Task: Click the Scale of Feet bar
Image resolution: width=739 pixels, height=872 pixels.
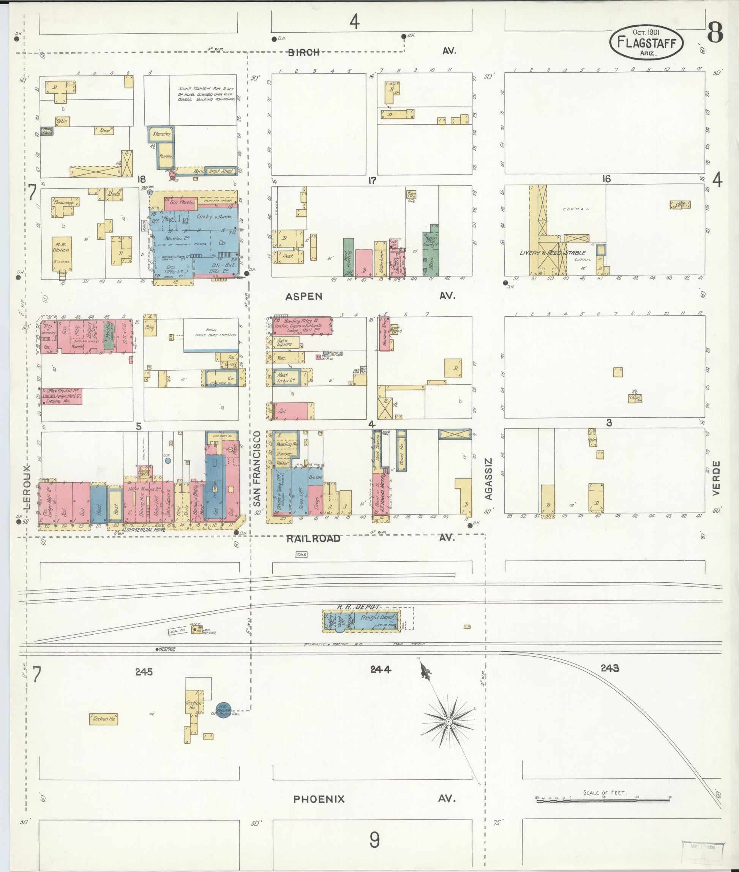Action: coord(604,800)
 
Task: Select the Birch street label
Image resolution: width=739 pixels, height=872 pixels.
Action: coord(304,52)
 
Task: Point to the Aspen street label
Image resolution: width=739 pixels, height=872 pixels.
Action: coord(304,297)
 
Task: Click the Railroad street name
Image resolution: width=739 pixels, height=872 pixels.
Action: coord(313,539)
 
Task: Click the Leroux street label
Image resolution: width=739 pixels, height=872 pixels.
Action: coord(28,487)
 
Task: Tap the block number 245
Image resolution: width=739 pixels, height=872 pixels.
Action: coord(144,672)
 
